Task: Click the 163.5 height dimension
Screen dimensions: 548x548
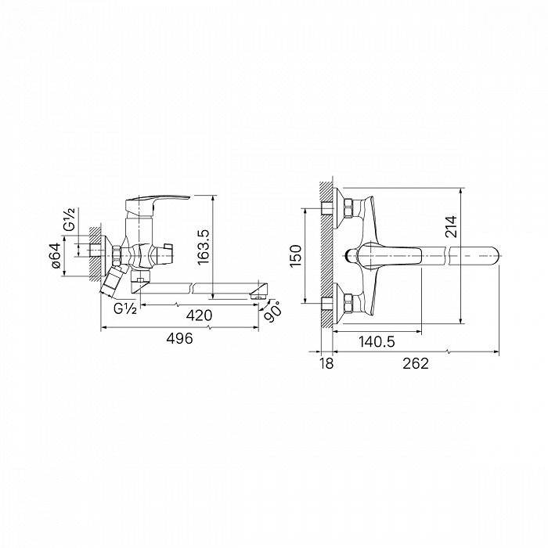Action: (x=203, y=247)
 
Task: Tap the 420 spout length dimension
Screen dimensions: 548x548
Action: (x=199, y=315)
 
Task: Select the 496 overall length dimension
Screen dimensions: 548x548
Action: (x=179, y=338)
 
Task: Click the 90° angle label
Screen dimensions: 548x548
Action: (x=272, y=311)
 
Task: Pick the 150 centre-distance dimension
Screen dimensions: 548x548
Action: (x=296, y=256)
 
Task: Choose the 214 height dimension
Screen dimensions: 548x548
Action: (x=451, y=227)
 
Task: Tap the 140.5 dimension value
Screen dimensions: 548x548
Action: (x=377, y=341)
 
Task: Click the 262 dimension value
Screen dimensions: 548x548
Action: (x=416, y=363)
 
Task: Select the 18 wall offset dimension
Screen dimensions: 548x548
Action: (x=326, y=363)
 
